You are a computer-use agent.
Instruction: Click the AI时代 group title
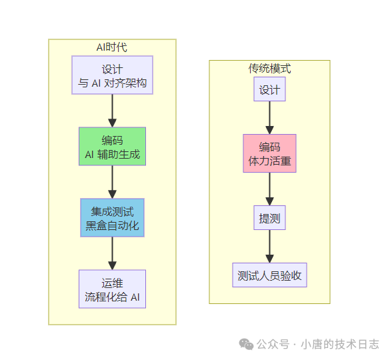[112, 47]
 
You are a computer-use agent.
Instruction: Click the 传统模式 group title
[269, 69]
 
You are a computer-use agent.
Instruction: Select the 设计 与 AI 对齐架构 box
[112, 75]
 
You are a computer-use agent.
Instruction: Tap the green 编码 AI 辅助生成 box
[112, 147]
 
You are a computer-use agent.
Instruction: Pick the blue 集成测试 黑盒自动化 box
[112, 218]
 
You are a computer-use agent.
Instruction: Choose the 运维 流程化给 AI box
[112, 289]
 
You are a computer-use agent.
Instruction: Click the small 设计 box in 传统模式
[269, 89]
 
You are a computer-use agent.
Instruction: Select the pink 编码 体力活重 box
[269, 153]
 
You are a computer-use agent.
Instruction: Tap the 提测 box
[269, 217]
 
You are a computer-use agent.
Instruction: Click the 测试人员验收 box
[269, 275]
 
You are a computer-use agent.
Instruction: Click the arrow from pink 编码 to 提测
[269, 189]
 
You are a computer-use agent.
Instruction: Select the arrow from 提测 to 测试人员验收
[269, 246]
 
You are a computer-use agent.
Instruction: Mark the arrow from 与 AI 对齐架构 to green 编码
[112, 111]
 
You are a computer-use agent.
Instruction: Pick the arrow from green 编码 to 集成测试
[112, 182]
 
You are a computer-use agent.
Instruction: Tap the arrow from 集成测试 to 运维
[112, 253]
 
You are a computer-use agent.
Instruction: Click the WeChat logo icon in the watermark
[246, 344]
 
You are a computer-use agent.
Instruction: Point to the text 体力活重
[269, 161]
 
